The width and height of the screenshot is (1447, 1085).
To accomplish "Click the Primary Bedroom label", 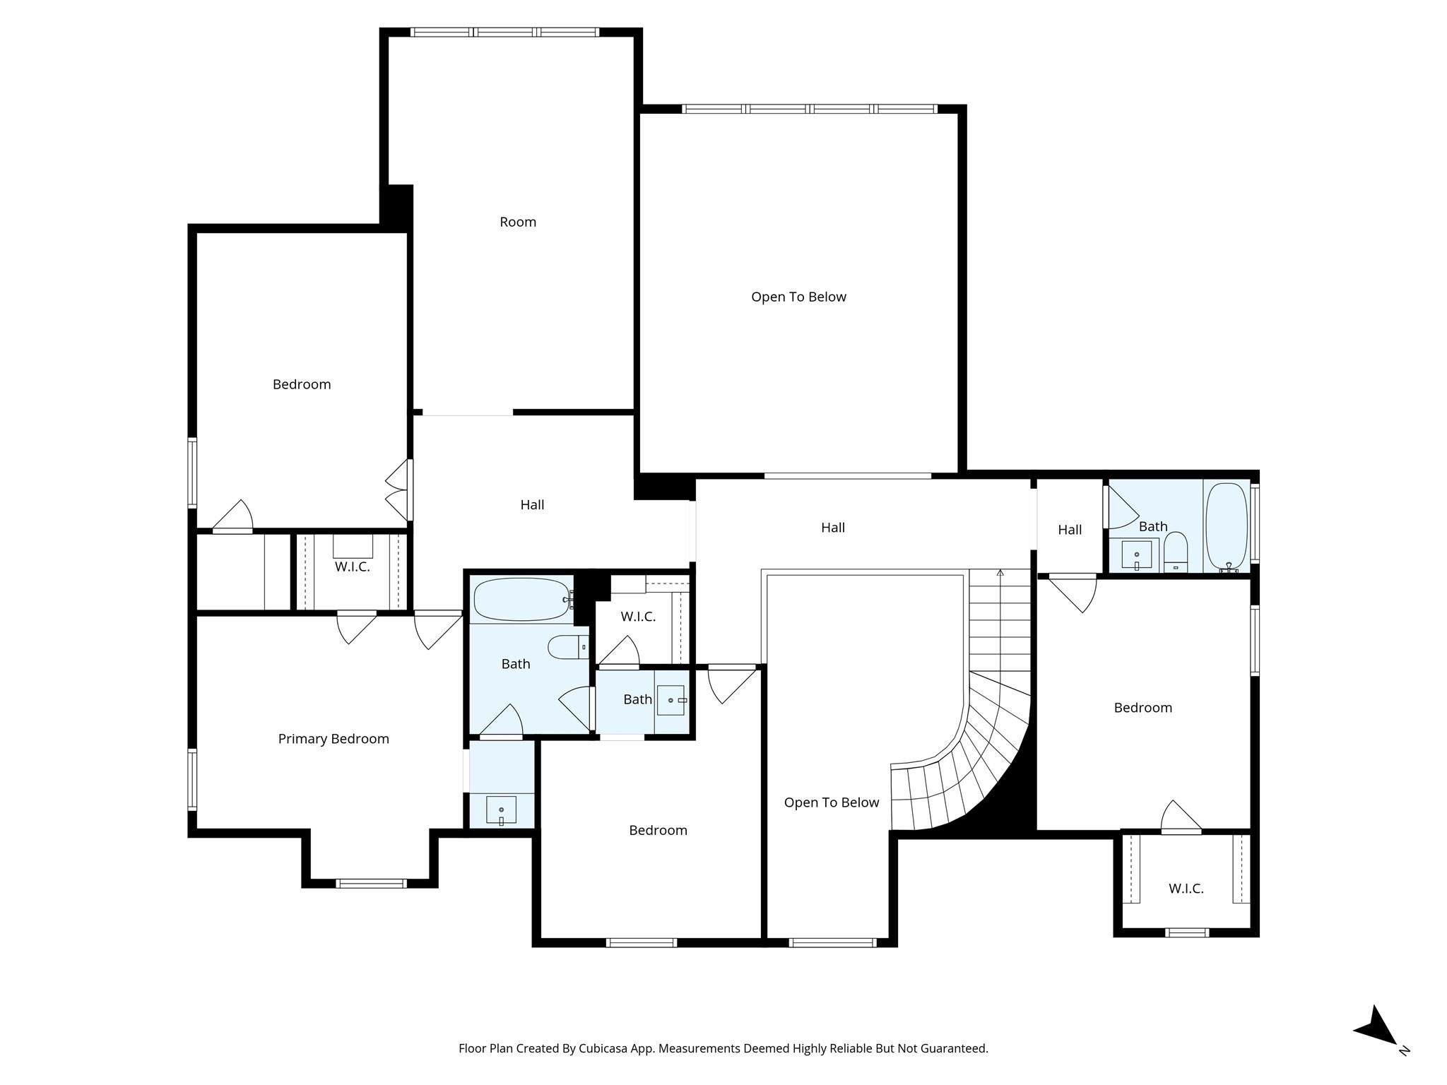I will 333,739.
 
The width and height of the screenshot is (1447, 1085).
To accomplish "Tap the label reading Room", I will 518,222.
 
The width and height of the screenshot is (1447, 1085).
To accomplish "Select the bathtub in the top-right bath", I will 1227,526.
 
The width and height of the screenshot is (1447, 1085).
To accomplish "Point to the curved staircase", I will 975,763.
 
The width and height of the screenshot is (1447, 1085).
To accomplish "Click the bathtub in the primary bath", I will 521,600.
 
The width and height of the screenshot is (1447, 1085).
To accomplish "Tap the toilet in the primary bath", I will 568,646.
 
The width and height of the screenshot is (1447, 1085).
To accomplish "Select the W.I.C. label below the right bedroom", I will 1186,889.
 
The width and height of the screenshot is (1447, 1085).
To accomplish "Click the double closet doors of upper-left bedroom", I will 398,490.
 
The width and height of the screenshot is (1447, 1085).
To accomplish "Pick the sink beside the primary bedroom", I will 501,810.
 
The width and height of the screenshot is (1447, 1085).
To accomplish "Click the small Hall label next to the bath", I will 1070,530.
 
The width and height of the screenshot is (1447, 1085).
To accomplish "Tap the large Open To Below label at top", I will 798,297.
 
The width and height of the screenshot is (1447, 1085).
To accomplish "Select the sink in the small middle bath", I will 671,700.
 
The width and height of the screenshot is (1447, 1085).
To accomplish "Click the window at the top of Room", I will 504,32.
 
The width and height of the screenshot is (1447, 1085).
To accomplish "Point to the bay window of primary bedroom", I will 371,883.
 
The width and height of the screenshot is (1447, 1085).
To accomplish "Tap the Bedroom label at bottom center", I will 658,830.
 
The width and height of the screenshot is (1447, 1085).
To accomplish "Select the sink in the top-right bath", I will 1137,555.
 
